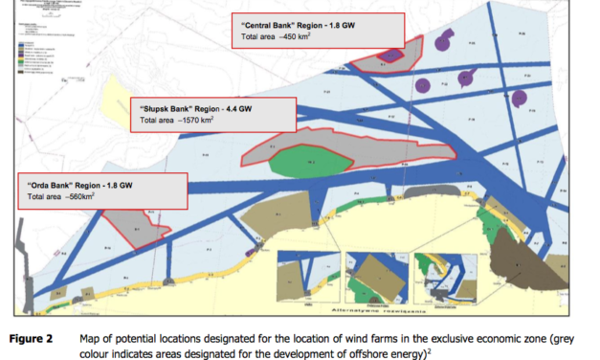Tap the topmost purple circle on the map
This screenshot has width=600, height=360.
(x=443, y=41)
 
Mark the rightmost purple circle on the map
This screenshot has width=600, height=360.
(x=518, y=98)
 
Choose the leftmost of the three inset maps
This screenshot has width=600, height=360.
(x=305, y=277)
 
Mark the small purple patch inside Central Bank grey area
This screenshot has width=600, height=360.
(x=391, y=55)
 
